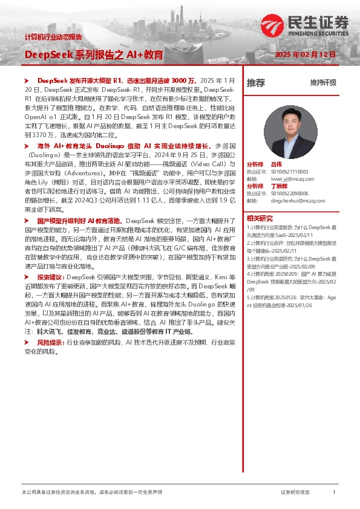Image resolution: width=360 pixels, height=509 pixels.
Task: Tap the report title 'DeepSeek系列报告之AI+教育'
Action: [x=94, y=55]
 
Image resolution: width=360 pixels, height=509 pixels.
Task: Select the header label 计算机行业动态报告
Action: [x=53, y=37]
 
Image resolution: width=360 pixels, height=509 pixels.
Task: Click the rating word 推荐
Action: [x=256, y=83]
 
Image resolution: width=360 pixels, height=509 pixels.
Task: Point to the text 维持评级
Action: [x=323, y=83]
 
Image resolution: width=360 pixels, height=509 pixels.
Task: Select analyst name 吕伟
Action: [x=277, y=164]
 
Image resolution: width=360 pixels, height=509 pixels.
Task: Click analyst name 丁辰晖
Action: [x=279, y=186]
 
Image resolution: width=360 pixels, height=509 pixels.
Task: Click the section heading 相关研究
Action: [x=260, y=218]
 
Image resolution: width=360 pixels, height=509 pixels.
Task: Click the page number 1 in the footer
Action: [x=334, y=493]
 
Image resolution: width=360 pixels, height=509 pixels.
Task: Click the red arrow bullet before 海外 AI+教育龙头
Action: [x=26, y=146]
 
